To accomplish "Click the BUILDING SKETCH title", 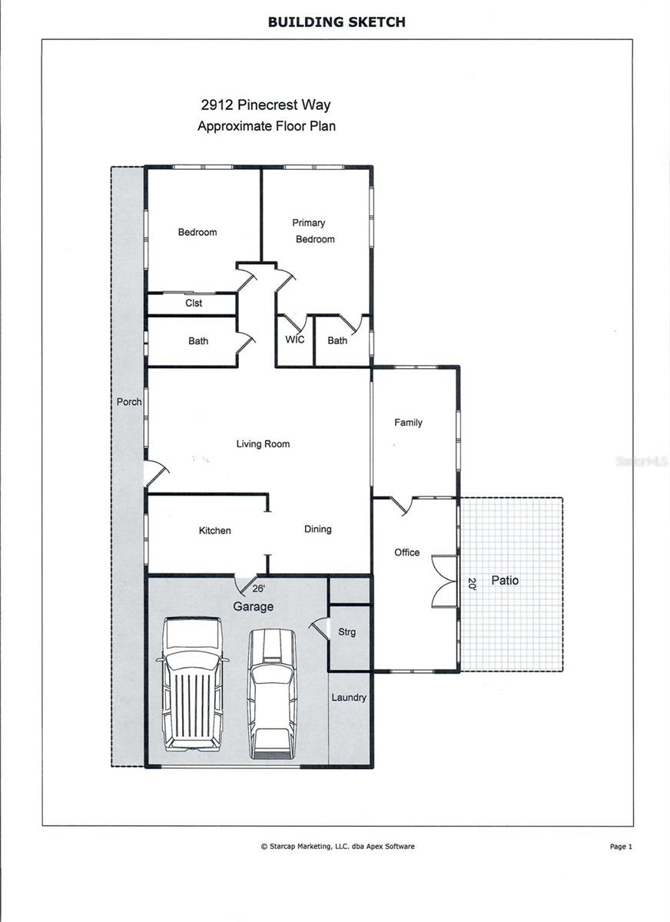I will click(336, 22).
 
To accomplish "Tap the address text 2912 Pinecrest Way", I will click(266, 105).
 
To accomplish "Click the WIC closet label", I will click(295, 340).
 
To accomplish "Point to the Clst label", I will click(194, 303).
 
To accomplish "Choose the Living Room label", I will click(263, 444).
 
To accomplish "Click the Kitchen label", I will click(214, 531).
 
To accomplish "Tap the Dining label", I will click(317, 529).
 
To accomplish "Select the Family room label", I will click(408, 423).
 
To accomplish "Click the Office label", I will click(407, 552).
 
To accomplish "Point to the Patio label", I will click(505, 581).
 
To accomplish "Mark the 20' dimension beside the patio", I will click(472, 583).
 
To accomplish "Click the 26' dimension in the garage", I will click(259, 589).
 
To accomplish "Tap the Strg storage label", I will click(347, 632).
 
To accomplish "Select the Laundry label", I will click(349, 698).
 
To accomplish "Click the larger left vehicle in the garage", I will click(192, 684).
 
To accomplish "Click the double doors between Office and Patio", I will click(444, 582).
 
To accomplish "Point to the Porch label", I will click(128, 402).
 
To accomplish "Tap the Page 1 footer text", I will click(620, 847).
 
